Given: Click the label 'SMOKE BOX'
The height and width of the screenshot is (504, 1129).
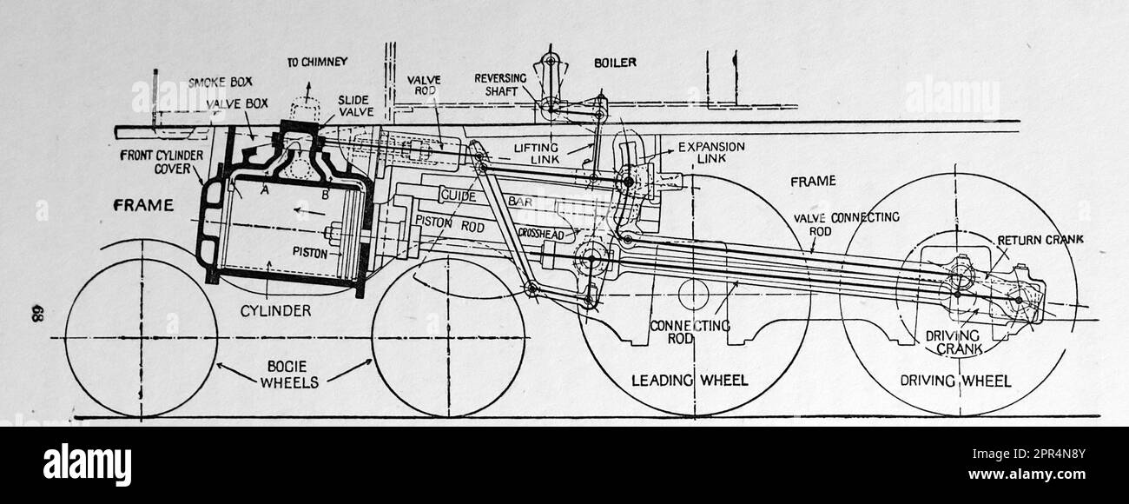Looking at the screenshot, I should pos(221,83).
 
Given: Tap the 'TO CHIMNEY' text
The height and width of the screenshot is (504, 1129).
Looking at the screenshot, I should pos(317,62).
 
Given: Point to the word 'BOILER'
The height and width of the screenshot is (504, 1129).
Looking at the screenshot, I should pos(615,63).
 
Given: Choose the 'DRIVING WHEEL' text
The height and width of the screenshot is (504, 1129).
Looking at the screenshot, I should pos(955,381).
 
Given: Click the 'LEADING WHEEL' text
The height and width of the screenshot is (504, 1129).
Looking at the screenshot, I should pos(690,380).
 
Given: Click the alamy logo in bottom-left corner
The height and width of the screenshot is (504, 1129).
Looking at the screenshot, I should pos(87,464).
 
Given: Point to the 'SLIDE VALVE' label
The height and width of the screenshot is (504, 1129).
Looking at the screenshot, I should pos(356,107).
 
